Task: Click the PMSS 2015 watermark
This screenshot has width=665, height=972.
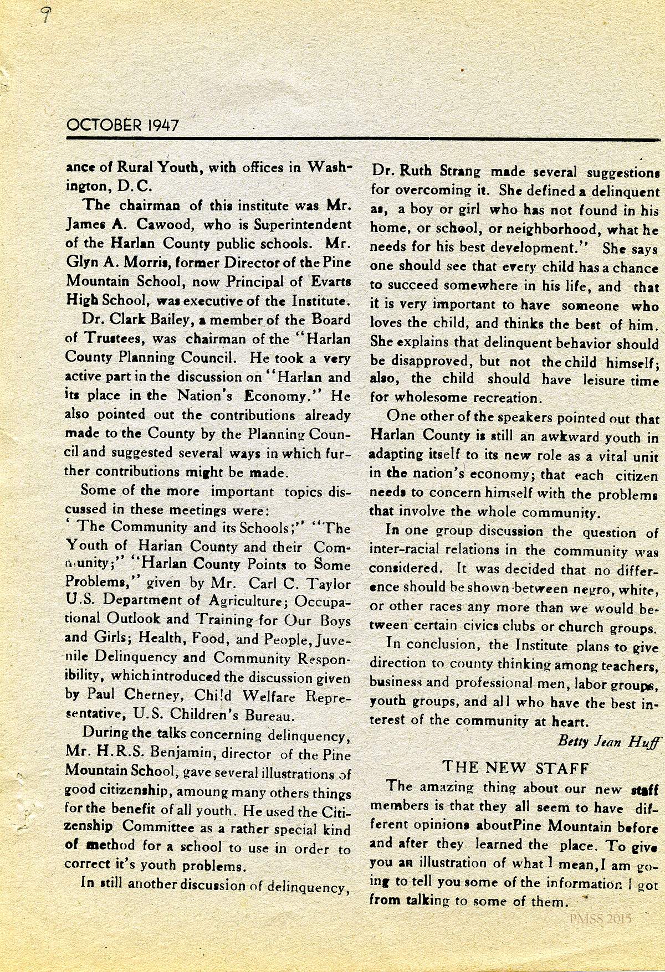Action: tap(600, 918)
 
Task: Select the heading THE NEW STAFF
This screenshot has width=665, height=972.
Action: tap(515, 767)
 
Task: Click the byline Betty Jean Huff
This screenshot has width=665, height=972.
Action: tap(608, 741)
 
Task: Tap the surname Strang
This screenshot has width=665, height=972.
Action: tap(458, 172)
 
